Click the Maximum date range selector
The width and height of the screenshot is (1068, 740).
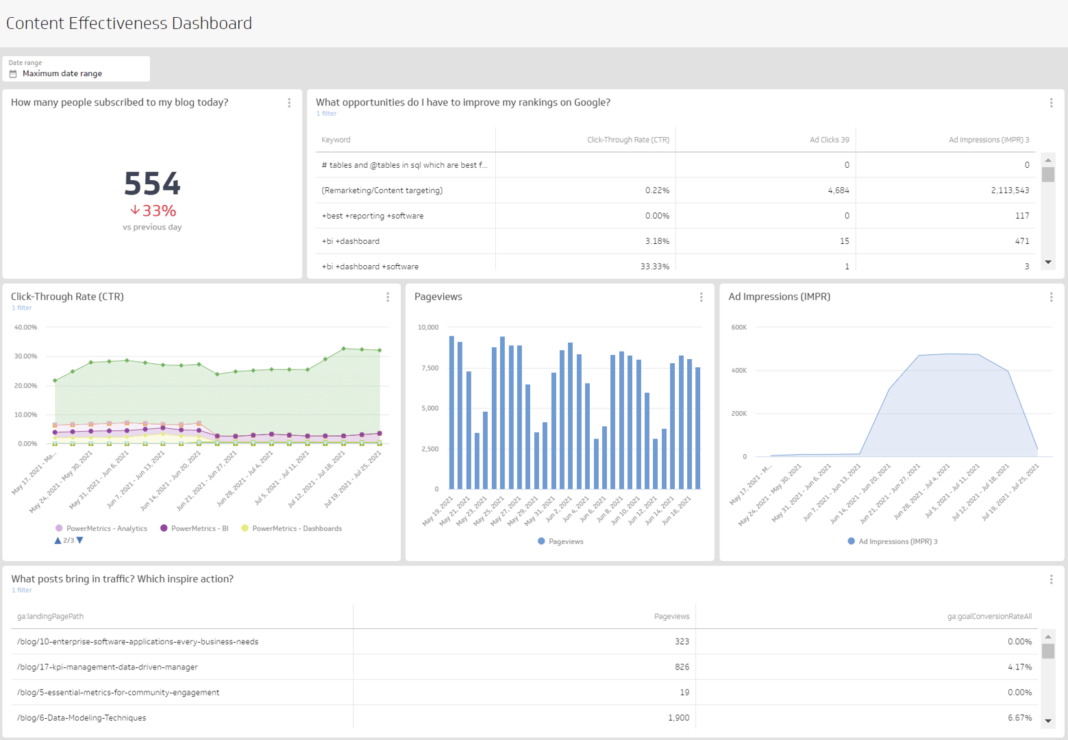click(62, 73)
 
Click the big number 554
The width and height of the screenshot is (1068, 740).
click(152, 184)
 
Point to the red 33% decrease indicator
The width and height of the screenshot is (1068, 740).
click(153, 210)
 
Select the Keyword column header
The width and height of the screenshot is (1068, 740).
click(336, 140)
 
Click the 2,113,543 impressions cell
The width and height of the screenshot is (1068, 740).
click(1009, 190)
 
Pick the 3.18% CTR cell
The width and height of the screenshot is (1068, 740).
click(656, 241)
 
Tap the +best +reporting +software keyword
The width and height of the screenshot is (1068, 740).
click(372, 216)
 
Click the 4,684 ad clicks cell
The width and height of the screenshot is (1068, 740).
click(838, 190)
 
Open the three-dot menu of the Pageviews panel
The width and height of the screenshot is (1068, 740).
click(701, 297)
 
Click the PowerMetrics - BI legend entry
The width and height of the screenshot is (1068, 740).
click(199, 528)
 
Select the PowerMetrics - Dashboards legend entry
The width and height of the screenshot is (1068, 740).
click(296, 528)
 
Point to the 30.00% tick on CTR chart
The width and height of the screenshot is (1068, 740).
click(25, 356)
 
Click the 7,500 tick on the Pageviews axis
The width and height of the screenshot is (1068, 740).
click(428, 368)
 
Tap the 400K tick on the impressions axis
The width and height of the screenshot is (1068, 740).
click(738, 371)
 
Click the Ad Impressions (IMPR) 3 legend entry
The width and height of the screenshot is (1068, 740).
click(897, 541)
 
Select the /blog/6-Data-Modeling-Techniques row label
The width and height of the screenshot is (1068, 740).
click(82, 717)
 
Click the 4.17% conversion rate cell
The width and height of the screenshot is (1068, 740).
click(1019, 667)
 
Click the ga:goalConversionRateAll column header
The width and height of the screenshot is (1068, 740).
click(989, 616)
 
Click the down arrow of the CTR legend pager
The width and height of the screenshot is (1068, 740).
click(80, 541)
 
